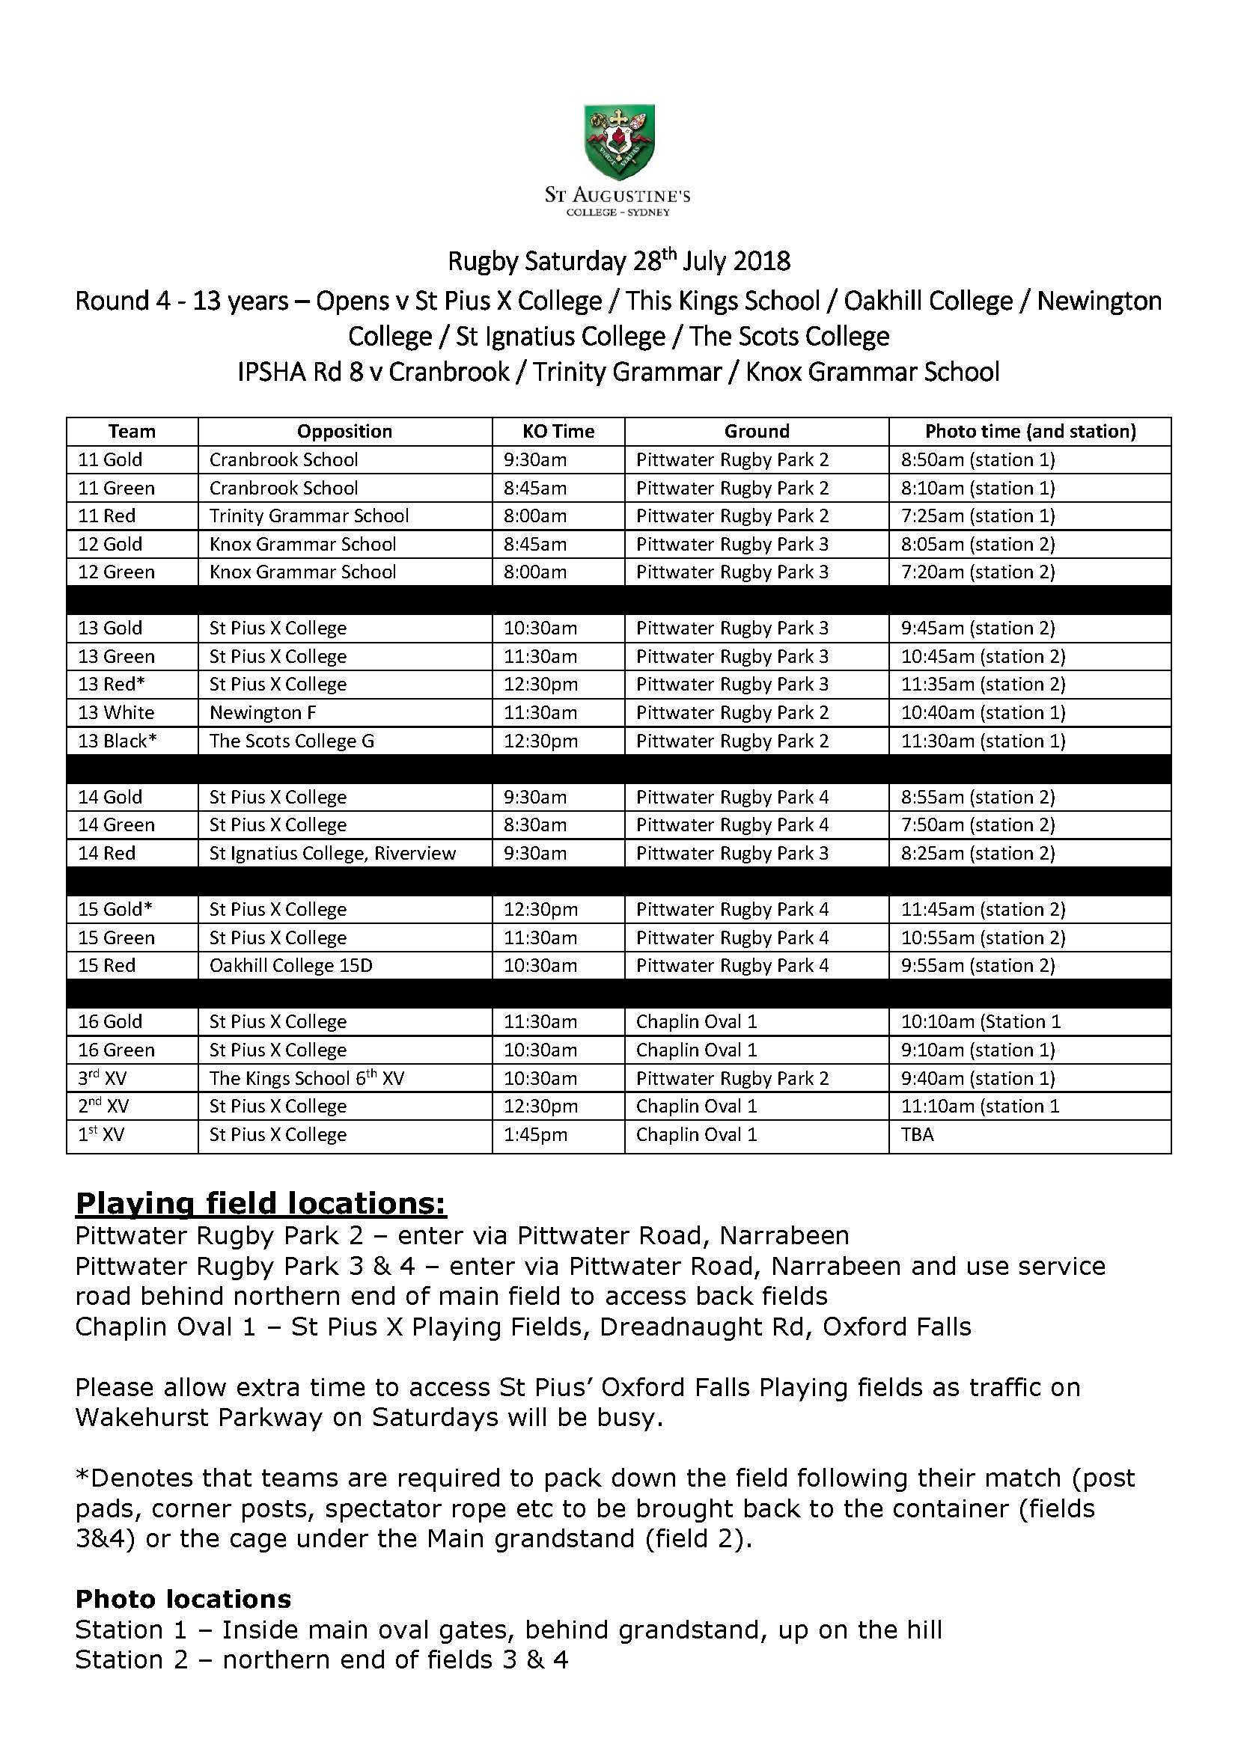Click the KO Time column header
coord(558,432)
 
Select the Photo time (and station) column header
coord(1030,432)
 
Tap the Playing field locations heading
coord(260,1204)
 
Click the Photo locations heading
coord(183,1599)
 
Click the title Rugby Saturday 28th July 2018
coord(618,261)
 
